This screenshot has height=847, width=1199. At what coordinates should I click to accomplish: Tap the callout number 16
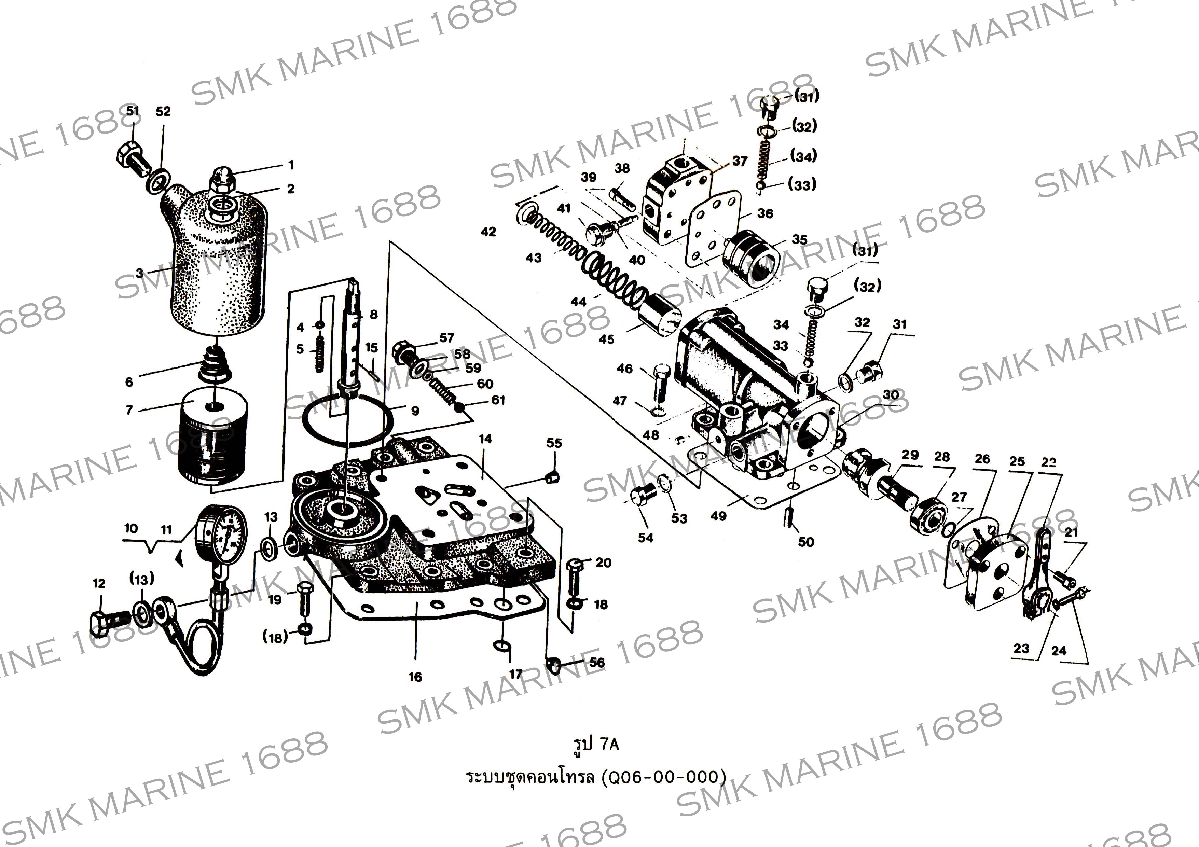click(x=415, y=677)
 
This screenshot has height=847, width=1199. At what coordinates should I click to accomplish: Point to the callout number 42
click(x=488, y=231)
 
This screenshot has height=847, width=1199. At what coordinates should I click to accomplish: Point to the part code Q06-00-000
click(x=663, y=777)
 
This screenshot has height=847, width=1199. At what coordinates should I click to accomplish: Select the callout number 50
click(x=806, y=542)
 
